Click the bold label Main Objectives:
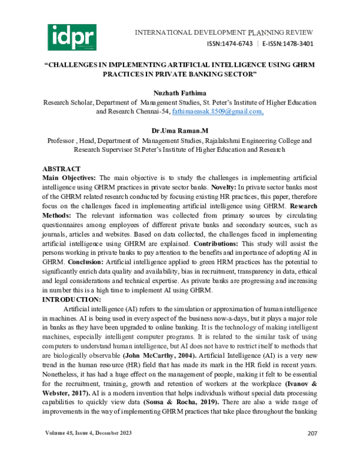[x=70, y=179]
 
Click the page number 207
[x=312, y=450]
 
